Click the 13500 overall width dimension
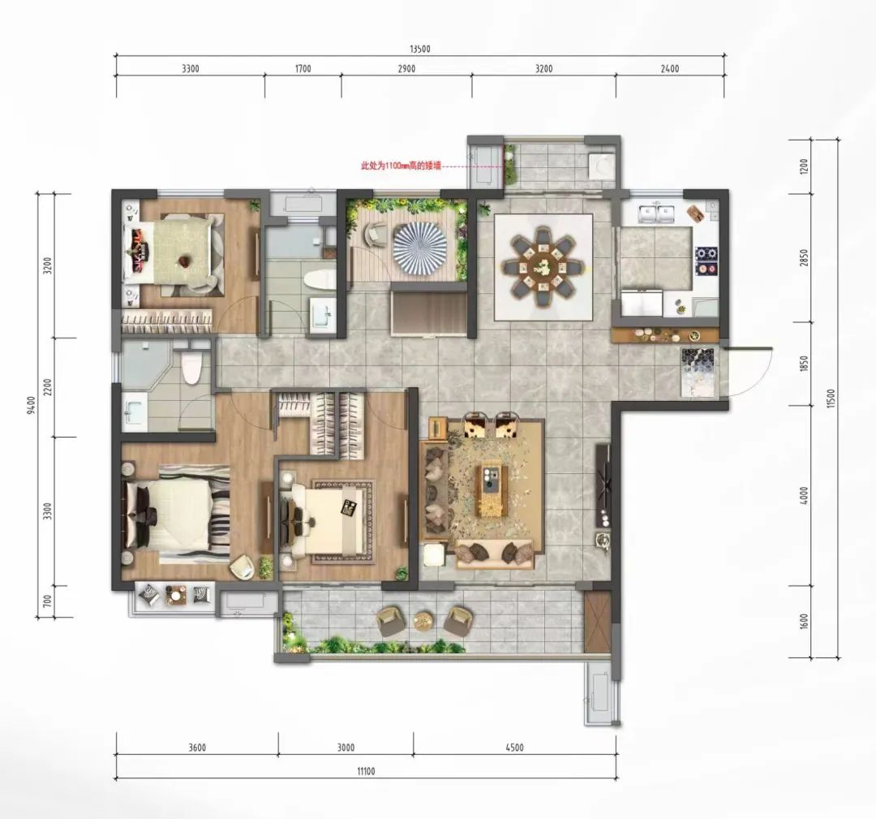[420, 49]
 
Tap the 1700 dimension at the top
[303, 69]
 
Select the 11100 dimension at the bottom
[366, 771]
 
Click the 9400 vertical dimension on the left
[32, 405]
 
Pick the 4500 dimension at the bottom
[514, 748]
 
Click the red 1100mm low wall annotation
[401, 166]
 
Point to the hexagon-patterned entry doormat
[698, 373]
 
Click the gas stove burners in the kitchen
[706, 261]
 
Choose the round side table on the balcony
[424, 621]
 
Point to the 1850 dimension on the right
[804, 364]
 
